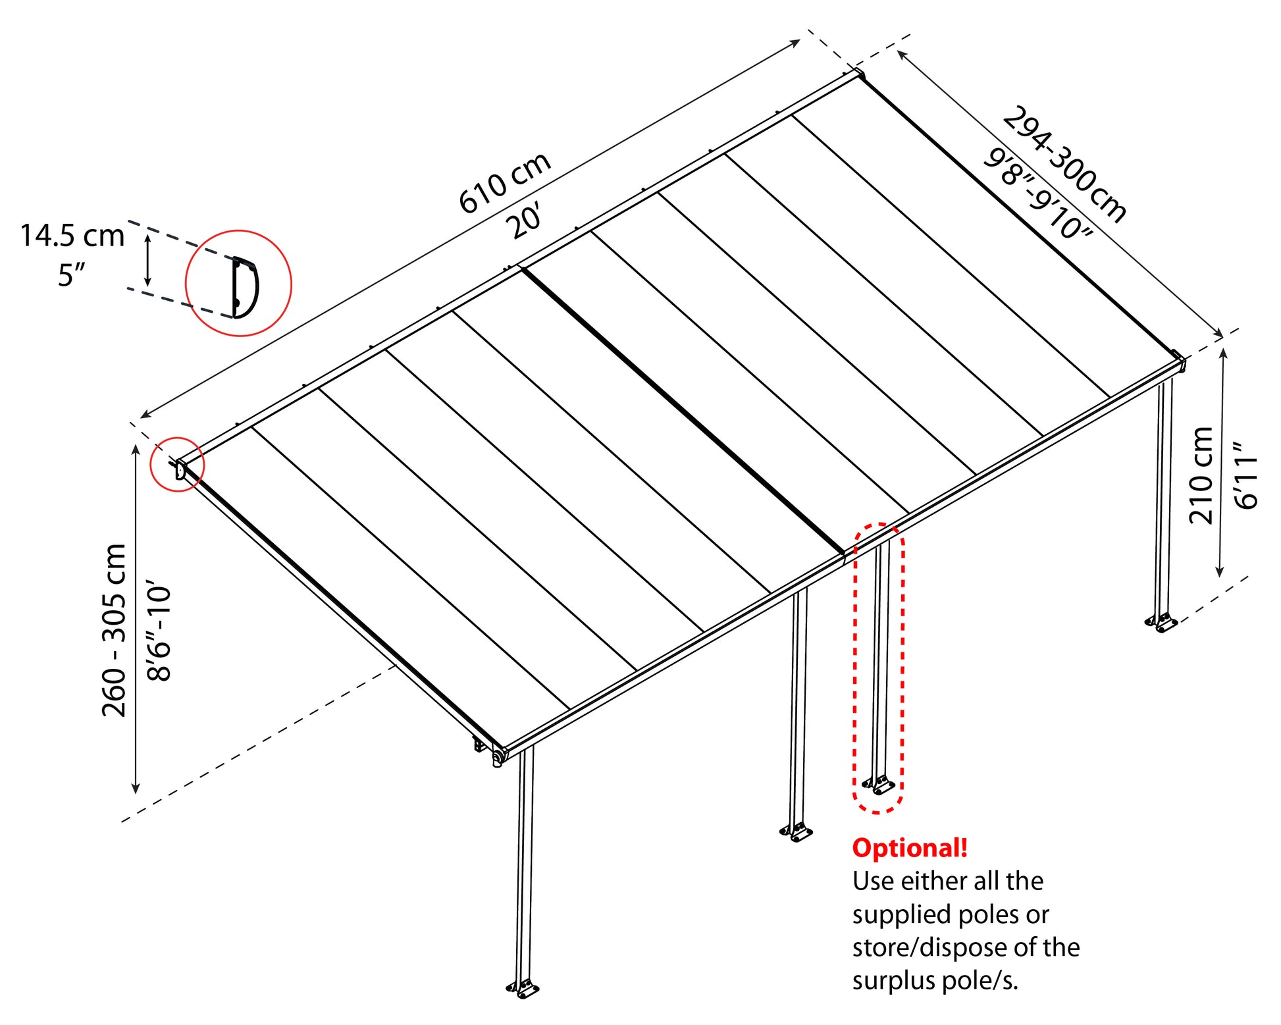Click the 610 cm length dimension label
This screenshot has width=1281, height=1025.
pos(505,183)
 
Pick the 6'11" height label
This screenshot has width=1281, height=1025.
pos(1246,475)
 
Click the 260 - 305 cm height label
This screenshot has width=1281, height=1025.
pos(114,630)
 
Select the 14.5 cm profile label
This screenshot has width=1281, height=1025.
pos(72,236)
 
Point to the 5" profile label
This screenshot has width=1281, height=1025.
pos(72,275)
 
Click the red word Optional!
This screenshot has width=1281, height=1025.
pos(910,848)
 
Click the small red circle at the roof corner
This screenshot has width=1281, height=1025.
pos(177,464)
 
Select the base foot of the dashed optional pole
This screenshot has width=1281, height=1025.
pos(879,785)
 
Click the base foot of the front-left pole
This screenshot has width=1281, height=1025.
pos(523,988)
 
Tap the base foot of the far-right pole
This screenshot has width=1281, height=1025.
pos(1161,622)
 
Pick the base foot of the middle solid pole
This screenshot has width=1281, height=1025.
pos(797,831)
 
